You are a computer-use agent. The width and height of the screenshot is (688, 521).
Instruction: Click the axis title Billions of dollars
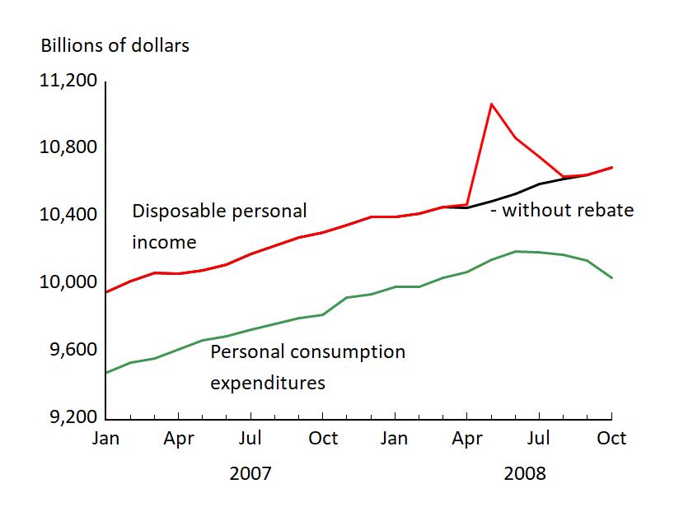click(115, 45)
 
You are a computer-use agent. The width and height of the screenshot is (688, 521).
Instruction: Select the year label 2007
click(250, 474)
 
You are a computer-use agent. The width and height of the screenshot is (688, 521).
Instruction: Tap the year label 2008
click(525, 474)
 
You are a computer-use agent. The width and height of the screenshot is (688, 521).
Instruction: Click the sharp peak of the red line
click(491, 104)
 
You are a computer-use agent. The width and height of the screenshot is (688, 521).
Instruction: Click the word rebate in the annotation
click(606, 210)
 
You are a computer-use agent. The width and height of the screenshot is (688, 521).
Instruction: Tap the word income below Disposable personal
click(165, 242)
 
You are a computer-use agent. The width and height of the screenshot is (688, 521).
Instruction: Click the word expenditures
click(268, 383)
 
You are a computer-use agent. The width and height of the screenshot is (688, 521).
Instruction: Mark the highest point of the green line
click(516, 251)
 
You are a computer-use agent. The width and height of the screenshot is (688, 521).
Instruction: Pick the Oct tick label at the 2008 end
click(611, 438)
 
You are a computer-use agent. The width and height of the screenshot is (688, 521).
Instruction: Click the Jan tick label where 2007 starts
click(105, 438)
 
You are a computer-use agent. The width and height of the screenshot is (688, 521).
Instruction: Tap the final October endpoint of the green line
click(611, 278)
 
